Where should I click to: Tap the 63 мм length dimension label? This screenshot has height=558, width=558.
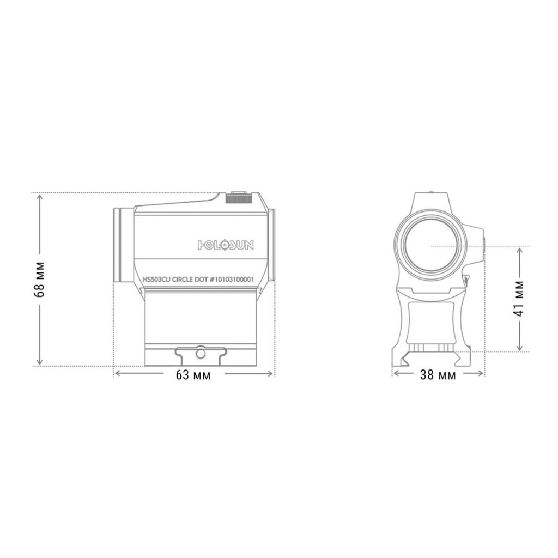193,375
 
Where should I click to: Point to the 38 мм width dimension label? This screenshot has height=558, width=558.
439,375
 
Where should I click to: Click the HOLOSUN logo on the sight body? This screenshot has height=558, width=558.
225,244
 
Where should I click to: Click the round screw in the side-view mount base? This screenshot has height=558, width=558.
199,354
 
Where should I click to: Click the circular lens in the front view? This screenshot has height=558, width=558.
430,245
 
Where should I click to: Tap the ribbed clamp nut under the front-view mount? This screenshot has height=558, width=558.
430,349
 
